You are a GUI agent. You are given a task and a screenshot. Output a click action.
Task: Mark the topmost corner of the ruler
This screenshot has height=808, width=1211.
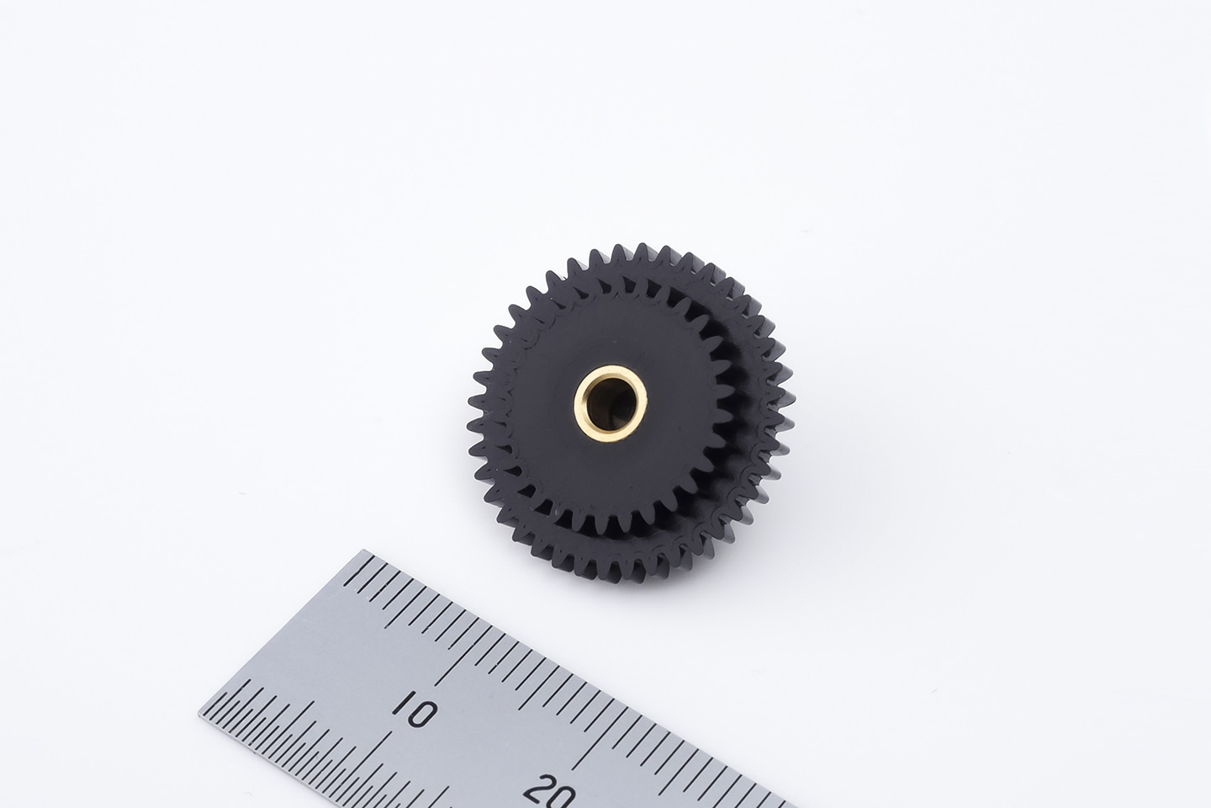pyautogui.click(x=363, y=550)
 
